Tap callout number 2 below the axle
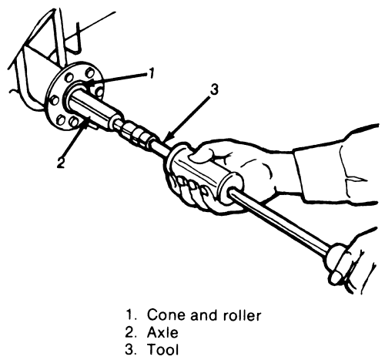point(61,163)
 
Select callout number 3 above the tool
point(214,90)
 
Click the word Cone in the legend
point(167,315)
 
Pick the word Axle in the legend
point(162,332)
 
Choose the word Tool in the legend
point(162,350)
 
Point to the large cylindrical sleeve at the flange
point(94,108)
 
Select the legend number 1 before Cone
point(129,315)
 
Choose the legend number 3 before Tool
point(129,350)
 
